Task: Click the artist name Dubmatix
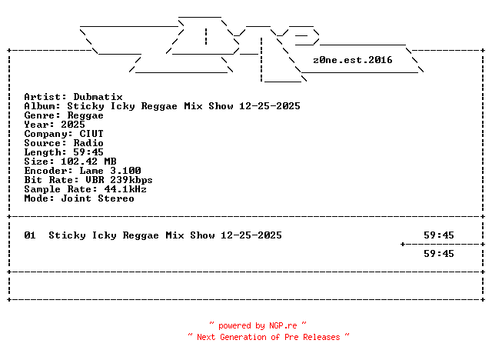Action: [98, 97]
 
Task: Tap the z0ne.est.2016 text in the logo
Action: [353, 60]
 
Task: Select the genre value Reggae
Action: [85, 115]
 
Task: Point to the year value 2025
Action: [73, 125]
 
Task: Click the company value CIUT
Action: [91, 134]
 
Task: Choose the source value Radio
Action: [88, 143]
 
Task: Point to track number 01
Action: [30, 235]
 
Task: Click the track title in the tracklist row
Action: [165, 235]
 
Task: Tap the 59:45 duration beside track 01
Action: [439, 235]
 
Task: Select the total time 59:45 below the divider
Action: [439, 254]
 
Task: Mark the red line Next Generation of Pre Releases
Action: [268, 337]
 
